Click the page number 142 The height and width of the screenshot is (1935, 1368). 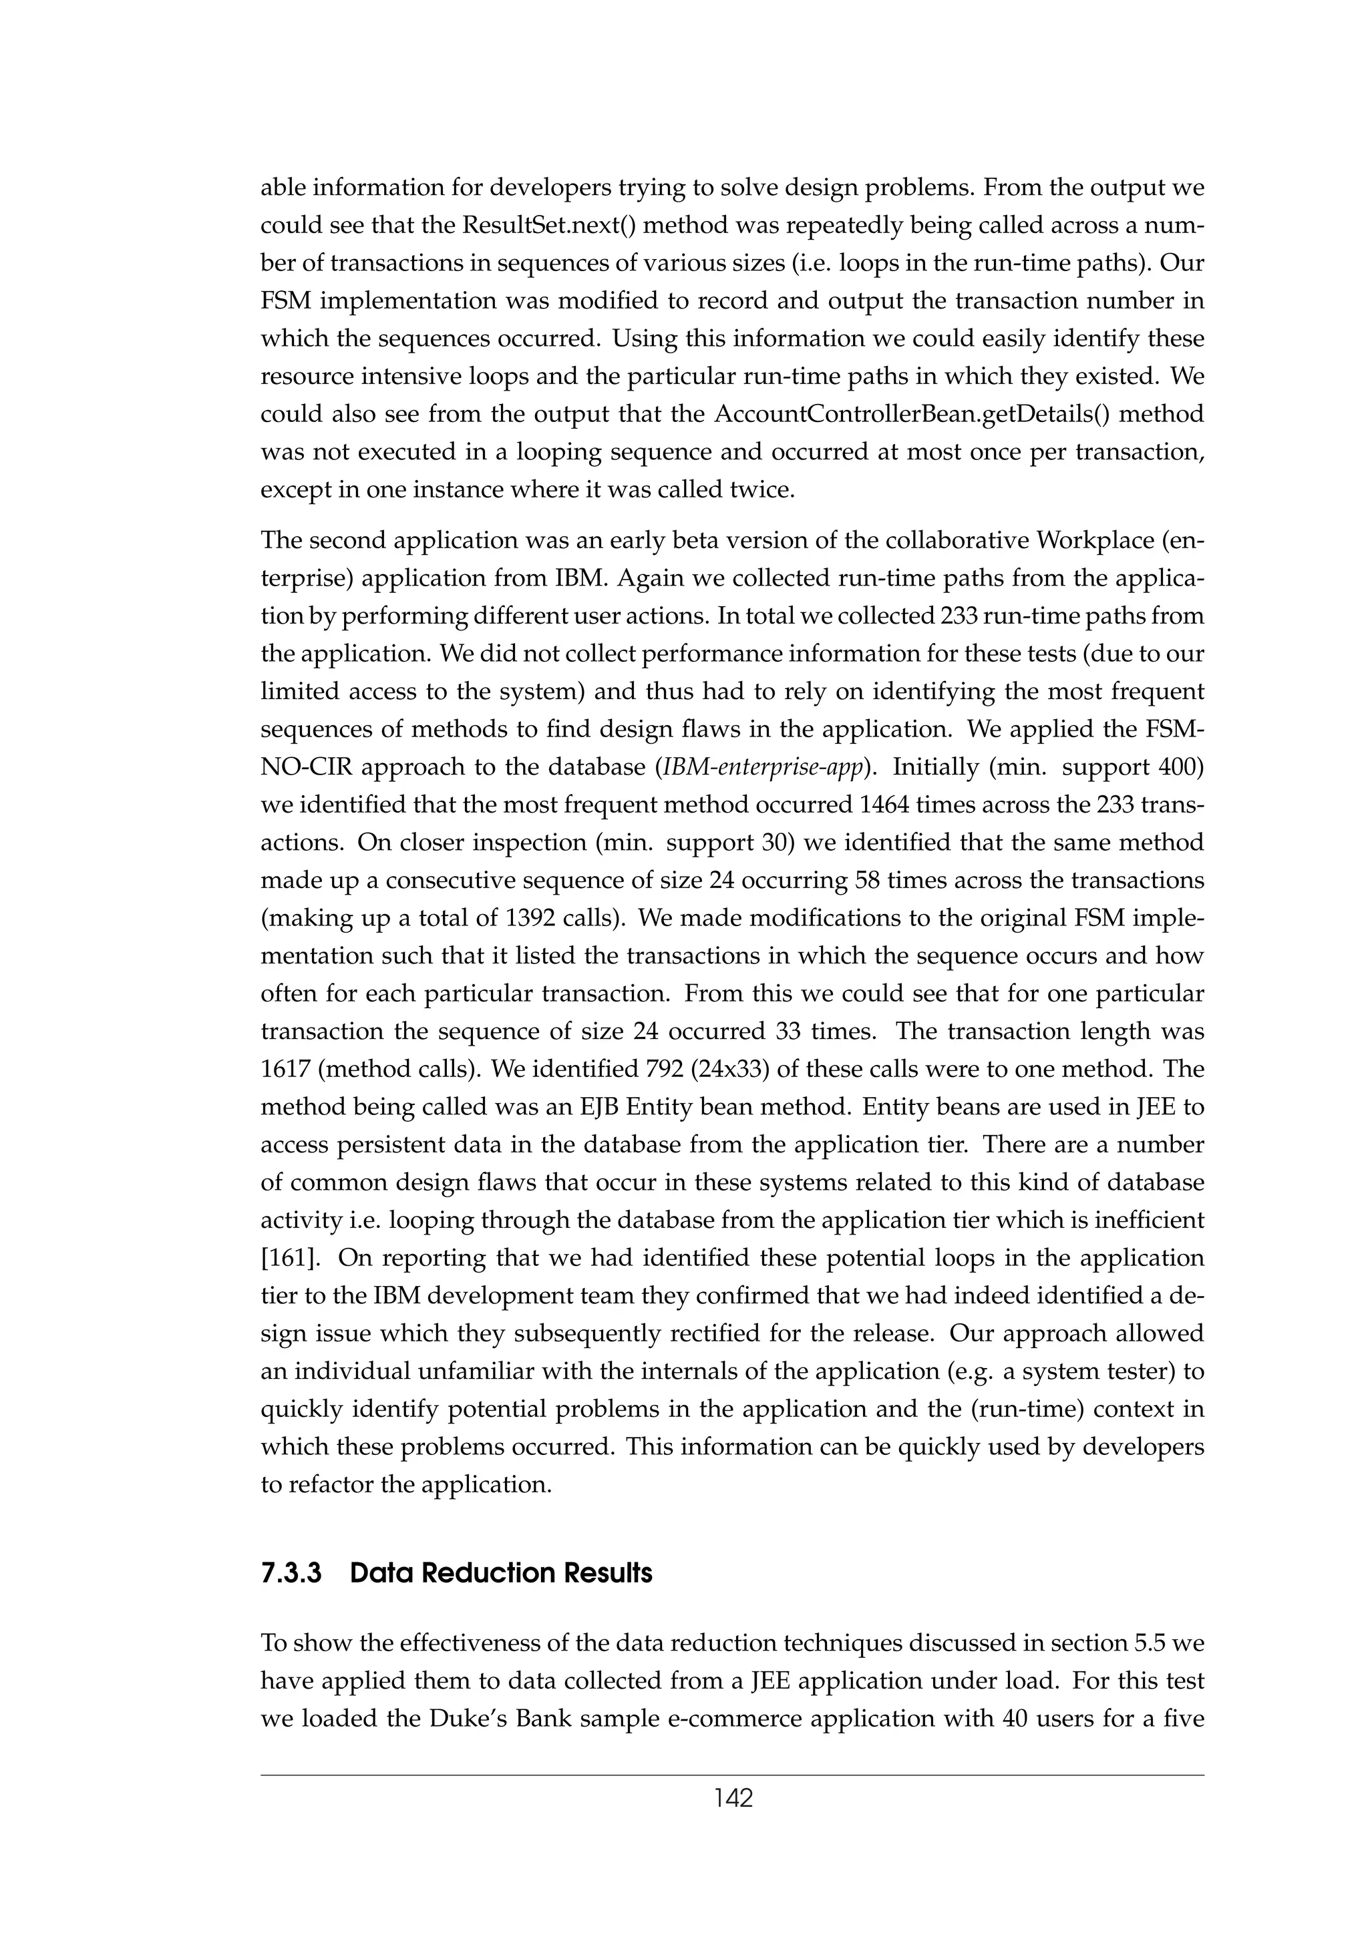733,1799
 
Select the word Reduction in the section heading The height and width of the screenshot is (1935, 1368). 487,1574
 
